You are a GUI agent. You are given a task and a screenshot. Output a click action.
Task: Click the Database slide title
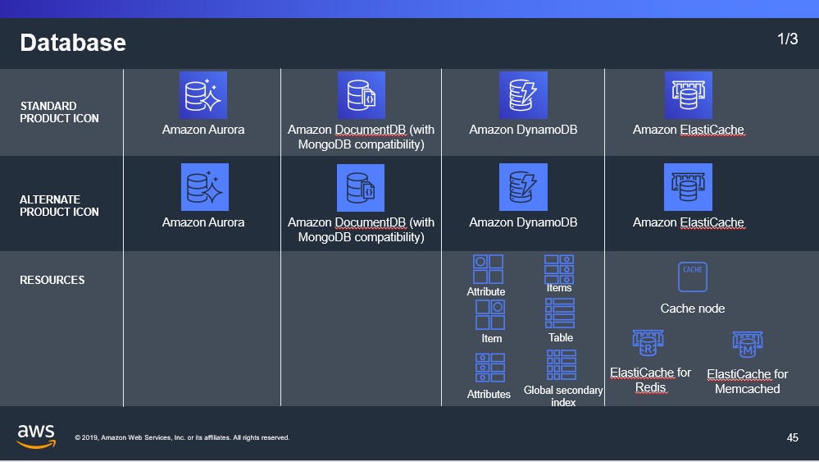tap(73, 43)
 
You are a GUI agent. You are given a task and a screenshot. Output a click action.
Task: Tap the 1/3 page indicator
tap(787, 39)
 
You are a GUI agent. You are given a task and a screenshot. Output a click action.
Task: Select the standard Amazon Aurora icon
tap(203, 95)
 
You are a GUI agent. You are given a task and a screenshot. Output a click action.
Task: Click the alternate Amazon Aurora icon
tap(205, 187)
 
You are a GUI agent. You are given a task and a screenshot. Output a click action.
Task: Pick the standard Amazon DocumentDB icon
tap(361, 95)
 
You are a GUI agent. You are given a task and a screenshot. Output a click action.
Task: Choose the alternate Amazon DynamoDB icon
tap(523, 187)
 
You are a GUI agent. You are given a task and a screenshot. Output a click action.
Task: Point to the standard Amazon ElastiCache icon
tap(689, 95)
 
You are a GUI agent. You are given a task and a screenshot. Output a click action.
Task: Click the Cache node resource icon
tap(693, 277)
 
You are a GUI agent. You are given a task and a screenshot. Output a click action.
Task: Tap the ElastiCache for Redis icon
tap(648, 343)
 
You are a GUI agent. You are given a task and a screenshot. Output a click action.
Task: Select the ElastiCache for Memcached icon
tap(748, 345)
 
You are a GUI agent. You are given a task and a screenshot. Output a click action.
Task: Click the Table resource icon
tap(560, 313)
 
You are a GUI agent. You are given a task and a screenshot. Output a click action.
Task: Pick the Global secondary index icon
tap(562, 365)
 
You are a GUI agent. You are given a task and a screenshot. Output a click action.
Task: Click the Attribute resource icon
tap(488, 269)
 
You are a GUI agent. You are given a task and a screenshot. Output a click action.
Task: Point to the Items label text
tap(559, 288)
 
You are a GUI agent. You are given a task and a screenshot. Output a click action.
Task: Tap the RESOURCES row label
tap(52, 280)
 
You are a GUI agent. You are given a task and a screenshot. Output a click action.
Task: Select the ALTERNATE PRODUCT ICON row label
tap(59, 206)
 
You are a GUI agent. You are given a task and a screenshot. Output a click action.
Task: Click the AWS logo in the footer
tap(36, 437)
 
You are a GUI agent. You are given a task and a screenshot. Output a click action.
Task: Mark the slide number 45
tap(793, 437)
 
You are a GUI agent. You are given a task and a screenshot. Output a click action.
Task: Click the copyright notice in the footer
tap(182, 437)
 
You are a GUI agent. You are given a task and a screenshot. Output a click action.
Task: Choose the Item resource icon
tap(490, 314)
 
